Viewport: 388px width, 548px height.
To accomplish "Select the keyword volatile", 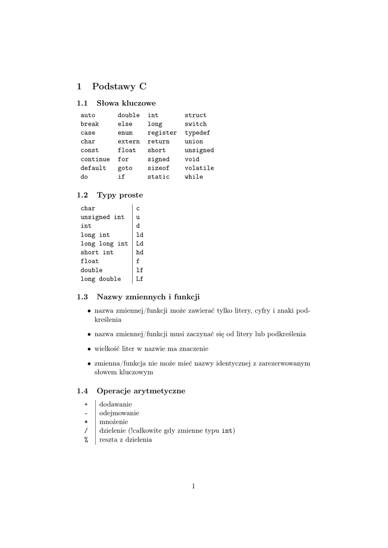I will click(x=199, y=168).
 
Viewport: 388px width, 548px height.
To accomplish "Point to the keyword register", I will click(x=162, y=133).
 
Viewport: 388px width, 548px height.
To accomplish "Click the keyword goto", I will click(x=125, y=168).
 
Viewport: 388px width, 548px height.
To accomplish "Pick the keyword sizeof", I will click(x=158, y=168).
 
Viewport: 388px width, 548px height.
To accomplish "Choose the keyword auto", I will click(x=88, y=115).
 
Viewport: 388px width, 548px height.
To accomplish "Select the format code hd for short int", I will click(x=140, y=253).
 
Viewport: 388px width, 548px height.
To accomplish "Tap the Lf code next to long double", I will click(x=140, y=279).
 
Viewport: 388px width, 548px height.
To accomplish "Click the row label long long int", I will click(x=104, y=243).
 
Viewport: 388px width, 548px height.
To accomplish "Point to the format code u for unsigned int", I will click(x=138, y=217).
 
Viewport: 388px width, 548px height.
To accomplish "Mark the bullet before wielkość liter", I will click(x=88, y=349).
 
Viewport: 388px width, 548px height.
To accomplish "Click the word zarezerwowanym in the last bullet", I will click(x=279, y=363).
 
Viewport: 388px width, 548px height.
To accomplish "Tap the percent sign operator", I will click(x=86, y=440).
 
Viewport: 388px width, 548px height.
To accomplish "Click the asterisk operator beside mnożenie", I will click(x=86, y=422).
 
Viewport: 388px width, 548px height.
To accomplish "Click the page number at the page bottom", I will click(x=194, y=486).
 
